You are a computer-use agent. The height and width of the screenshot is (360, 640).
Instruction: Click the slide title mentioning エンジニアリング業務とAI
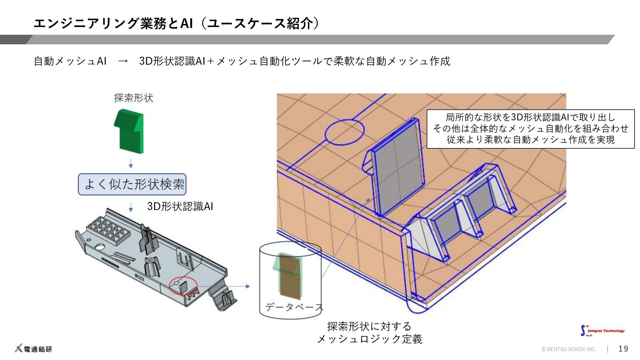pyautogui.click(x=177, y=23)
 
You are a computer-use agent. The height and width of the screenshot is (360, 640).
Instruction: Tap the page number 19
pyautogui.click(x=623, y=349)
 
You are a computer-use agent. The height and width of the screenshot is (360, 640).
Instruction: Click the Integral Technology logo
pyautogui.click(x=603, y=331)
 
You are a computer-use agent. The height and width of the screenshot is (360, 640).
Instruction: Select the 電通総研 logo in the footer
pyautogui.click(x=33, y=349)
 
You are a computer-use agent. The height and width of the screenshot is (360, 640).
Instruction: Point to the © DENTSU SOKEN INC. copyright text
pyautogui.click(x=569, y=349)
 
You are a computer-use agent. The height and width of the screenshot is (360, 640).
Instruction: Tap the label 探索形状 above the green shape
pyautogui.click(x=134, y=98)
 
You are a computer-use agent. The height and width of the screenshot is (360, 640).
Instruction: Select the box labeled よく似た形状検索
pyautogui.click(x=132, y=184)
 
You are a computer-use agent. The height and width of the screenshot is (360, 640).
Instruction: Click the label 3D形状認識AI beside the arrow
pyautogui.click(x=180, y=206)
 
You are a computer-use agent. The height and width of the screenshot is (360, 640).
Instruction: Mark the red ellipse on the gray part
pyautogui.click(x=183, y=285)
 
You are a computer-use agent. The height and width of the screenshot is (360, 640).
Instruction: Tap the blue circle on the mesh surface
pyautogui.click(x=344, y=133)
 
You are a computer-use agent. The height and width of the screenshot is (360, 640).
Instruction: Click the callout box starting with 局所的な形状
pyautogui.click(x=530, y=129)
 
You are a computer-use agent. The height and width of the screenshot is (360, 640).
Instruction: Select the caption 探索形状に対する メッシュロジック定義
pyautogui.click(x=369, y=333)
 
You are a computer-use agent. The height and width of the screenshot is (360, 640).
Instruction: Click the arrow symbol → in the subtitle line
pyautogui.click(x=123, y=61)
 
